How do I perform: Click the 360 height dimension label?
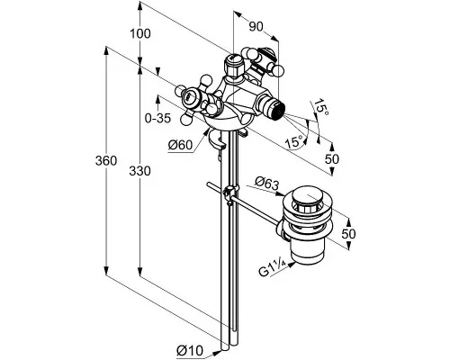106,161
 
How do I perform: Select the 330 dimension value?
139,171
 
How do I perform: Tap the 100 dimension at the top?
140,33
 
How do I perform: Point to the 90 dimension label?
256,27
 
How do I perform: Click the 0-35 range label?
157,119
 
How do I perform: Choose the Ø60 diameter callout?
180,145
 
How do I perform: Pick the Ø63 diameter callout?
266,184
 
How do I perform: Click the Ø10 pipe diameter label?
190,350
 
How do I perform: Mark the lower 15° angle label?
294,141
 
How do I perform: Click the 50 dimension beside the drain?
348,234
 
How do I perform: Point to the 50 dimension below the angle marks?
332,159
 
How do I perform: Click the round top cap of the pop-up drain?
309,200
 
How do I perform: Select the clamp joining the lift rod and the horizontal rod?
230,194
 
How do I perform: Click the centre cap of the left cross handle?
190,98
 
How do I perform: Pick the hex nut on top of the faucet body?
233,65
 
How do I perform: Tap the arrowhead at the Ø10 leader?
217,353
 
